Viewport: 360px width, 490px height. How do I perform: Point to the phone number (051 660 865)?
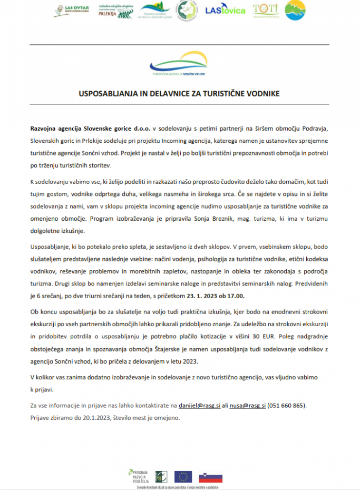tap(288, 406)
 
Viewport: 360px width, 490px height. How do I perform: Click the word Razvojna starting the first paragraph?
tap(46, 128)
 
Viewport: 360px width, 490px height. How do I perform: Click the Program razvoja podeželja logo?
tap(138, 476)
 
